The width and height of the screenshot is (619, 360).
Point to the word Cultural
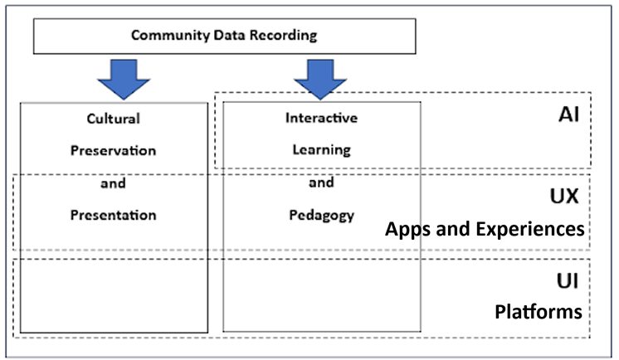click(114, 118)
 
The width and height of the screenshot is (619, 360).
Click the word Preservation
click(114, 150)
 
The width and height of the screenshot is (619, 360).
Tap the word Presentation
click(114, 215)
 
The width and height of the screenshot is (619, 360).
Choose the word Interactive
click(321, 118)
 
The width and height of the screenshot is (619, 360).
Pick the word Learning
click(321, 150)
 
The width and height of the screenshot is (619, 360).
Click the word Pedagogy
click(321, 215)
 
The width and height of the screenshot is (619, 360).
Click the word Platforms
click(539, 312)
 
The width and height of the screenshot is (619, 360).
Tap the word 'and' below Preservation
click(114, 183)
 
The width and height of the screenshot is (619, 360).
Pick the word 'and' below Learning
click(321, 183)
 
